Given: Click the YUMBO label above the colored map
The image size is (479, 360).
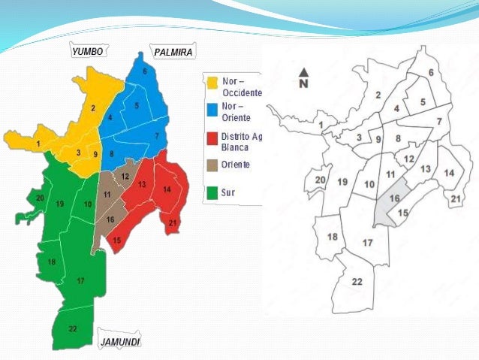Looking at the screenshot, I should pos(88,52).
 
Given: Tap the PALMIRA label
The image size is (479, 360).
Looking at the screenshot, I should pos(173,52).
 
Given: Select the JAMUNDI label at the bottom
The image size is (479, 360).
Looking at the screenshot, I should pos(120,342).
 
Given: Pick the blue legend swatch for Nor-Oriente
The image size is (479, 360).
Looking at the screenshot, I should pos(212,110).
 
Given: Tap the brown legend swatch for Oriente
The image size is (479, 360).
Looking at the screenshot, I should pos(212,165).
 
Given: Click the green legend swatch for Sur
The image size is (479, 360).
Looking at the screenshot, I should pos(212,192).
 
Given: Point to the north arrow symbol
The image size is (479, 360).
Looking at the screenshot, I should pos(304,77).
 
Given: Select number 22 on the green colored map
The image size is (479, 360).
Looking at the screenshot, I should pos(72,328).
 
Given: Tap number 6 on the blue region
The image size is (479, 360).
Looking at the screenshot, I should pos(145,72).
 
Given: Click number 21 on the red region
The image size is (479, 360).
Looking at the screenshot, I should pos(173,223).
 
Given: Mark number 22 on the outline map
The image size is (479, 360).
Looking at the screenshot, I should pos(357,282).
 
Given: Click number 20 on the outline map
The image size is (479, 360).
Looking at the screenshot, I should pos(320,180).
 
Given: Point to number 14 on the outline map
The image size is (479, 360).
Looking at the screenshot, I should pos(449,173).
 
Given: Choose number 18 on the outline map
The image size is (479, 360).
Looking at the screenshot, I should pos(332,237).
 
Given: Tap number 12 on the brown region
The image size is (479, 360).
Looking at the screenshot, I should pos(125,177).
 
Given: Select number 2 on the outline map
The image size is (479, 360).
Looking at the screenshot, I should pos(378,95).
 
